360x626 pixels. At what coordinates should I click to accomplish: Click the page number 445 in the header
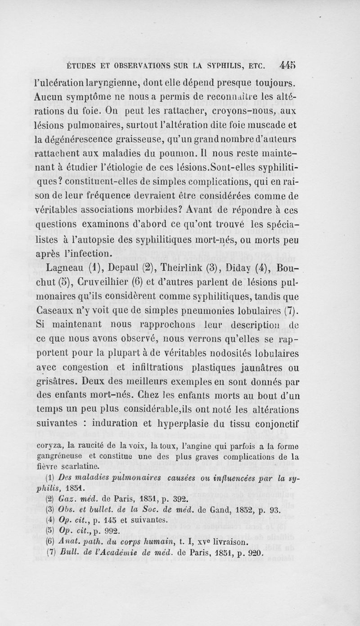(288, 64)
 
